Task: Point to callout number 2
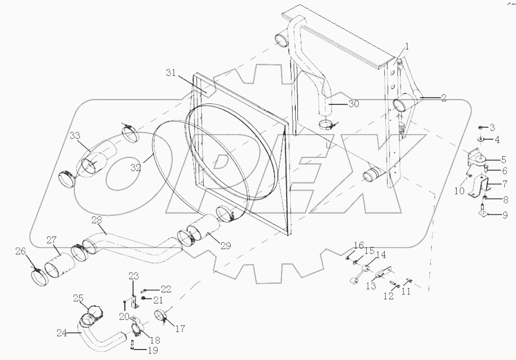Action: click(x=443, y=98)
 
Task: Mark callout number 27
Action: click(x=52, y=240)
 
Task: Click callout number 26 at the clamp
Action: click(x=21, y=251)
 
